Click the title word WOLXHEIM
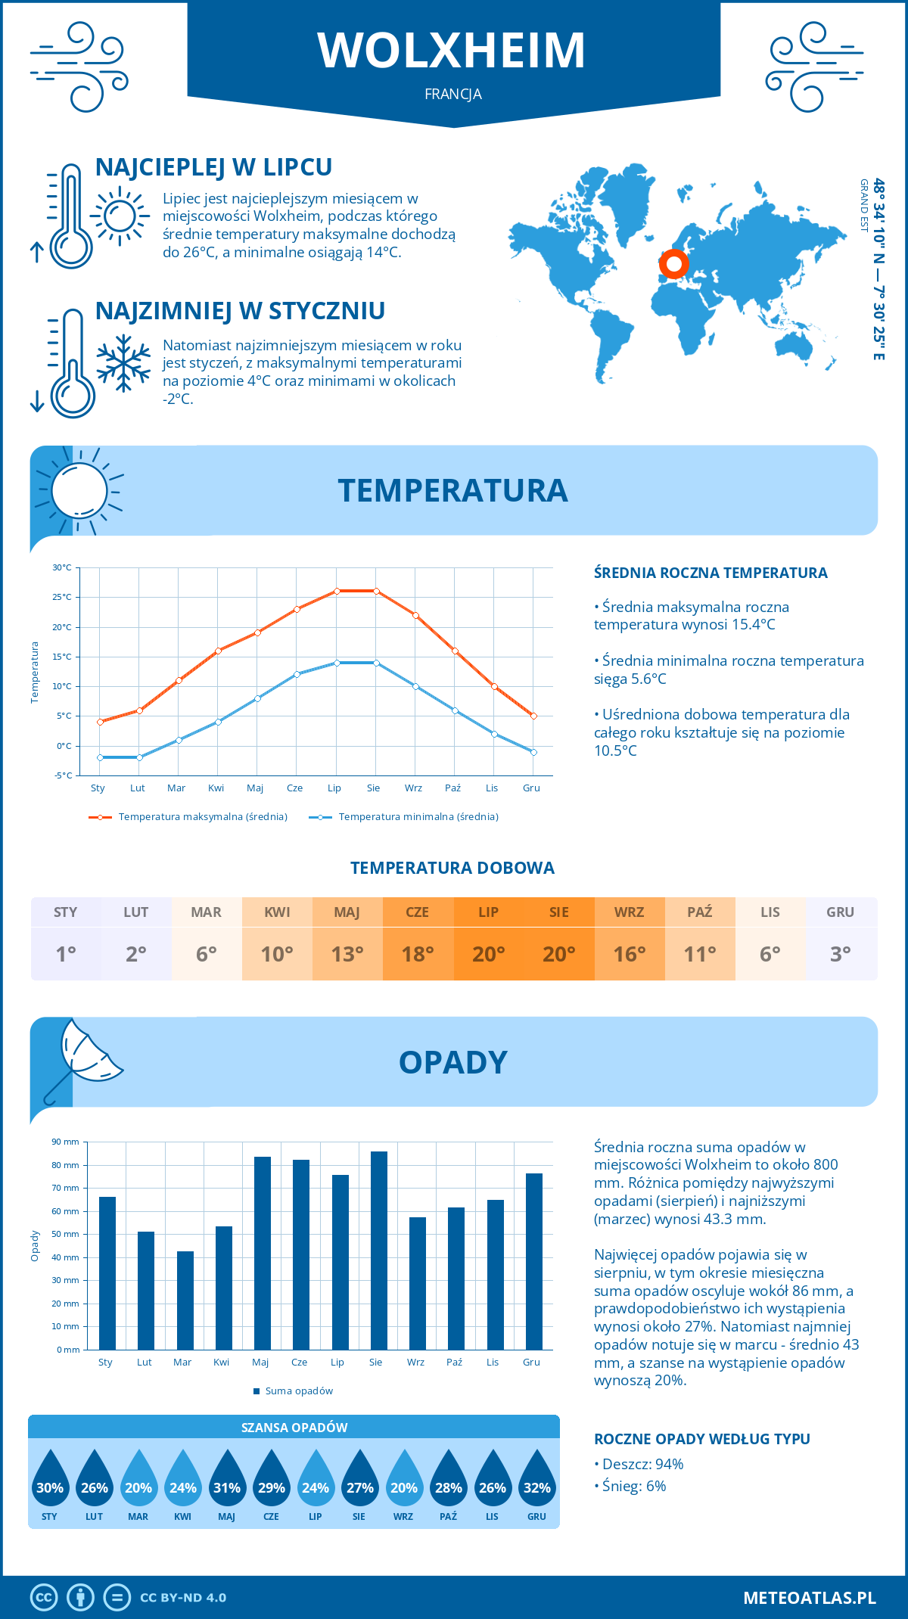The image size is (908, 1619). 452,51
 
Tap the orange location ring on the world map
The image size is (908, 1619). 673,264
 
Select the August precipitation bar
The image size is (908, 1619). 379,1250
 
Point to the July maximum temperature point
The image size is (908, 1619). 337,591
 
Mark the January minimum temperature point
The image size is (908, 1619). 100,757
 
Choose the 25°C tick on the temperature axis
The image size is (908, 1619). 62,597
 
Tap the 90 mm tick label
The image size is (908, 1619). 66,1142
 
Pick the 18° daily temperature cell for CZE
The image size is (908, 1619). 418,954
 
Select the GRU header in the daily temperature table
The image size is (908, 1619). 840,912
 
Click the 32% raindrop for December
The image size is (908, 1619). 536,1487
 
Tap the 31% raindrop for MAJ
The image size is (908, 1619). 227,1487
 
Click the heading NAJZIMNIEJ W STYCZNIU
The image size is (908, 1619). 240,311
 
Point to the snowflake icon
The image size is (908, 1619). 123,363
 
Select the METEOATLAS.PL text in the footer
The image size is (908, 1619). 809,1597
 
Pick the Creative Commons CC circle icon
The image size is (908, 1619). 44,1597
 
